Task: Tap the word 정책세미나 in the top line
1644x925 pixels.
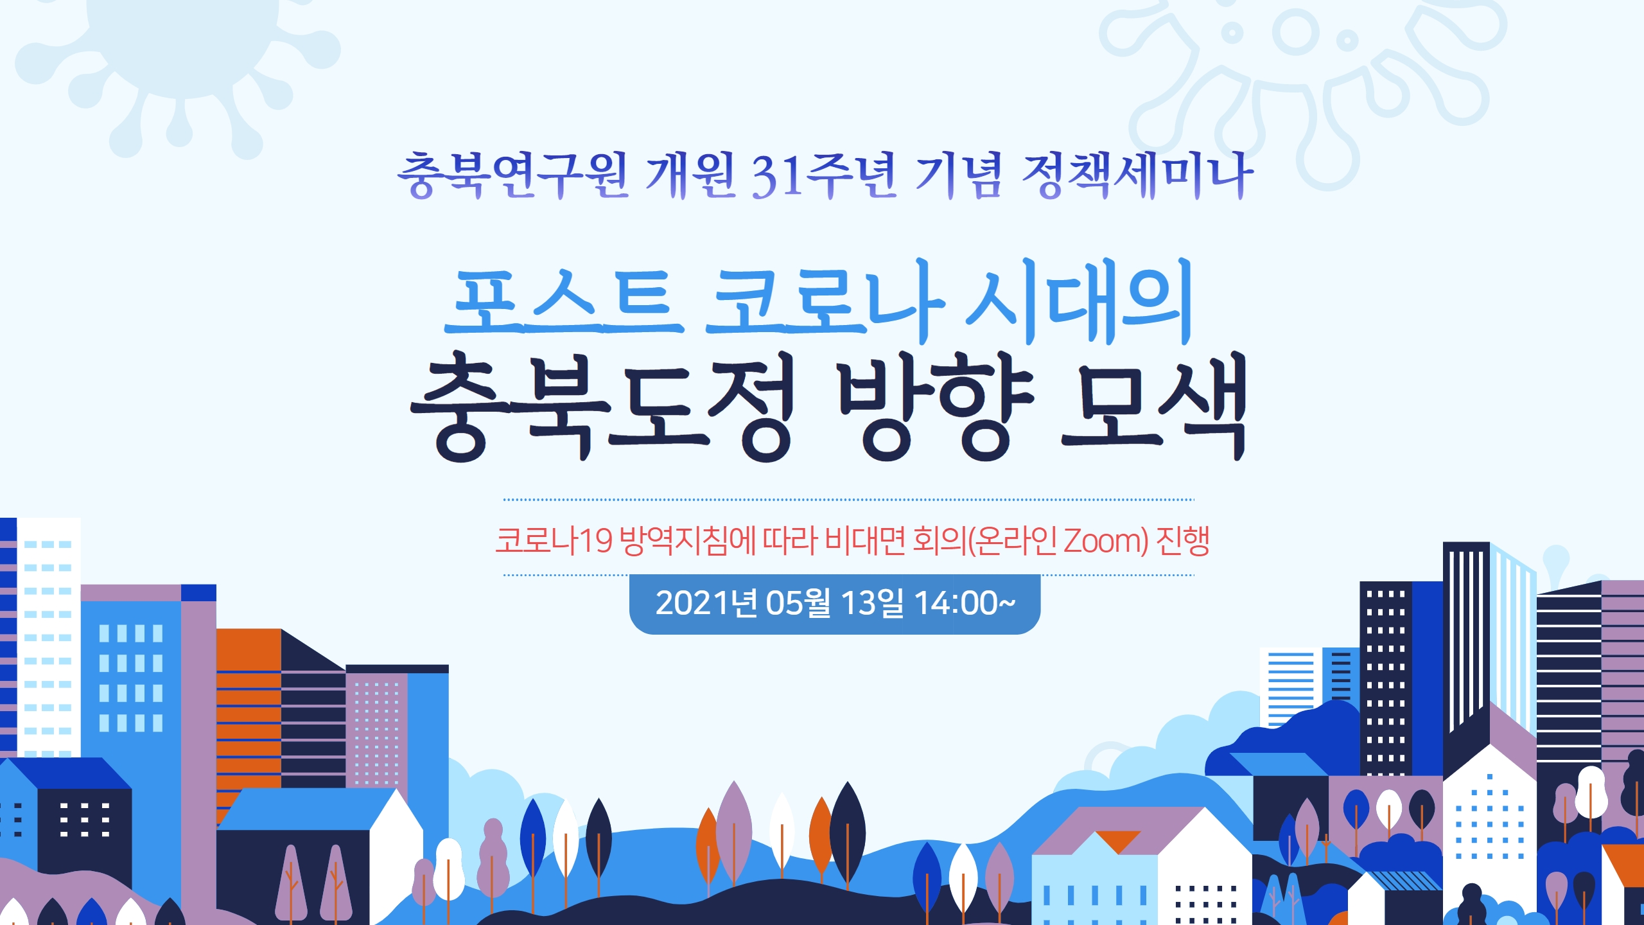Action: (x=1137, y=175)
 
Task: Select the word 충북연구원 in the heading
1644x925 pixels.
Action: (x=512, y=175)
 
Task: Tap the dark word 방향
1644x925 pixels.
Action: (x=936, y=406)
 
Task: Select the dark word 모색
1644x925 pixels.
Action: (x=1154, y=406)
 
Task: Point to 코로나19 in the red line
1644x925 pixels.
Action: (x=554, y=541)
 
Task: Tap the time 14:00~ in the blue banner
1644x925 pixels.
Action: (x=965, y=603)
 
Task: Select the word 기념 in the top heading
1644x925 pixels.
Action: (x=959, y=175)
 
